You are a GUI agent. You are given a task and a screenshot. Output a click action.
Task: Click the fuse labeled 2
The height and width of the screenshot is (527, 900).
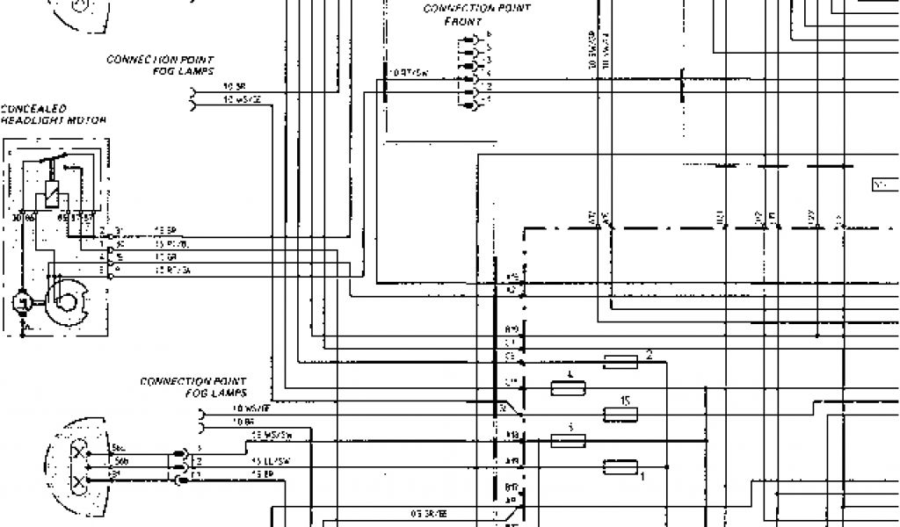pos(621,361)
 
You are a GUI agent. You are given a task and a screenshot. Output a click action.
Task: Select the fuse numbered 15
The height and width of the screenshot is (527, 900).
pos(621,413)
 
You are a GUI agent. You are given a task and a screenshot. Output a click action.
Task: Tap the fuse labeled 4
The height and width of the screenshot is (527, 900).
pos(568,387)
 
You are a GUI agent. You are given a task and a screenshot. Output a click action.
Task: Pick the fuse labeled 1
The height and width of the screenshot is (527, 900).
pos(621,466)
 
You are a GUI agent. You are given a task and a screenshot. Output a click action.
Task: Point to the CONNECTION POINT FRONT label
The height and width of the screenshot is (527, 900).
pos(475,14)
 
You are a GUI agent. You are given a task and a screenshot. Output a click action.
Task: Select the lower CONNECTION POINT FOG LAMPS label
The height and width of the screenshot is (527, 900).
pos(192,386)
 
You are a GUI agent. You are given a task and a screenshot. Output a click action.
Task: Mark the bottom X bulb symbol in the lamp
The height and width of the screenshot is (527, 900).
pos(82,481)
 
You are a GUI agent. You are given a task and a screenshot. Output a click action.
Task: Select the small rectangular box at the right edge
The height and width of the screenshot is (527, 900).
pos(882,185)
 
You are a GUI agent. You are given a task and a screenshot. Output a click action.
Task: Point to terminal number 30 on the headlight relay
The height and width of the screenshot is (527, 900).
pos(18,216)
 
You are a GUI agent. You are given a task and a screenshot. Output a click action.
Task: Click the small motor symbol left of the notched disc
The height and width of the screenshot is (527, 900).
pos(21,304)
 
